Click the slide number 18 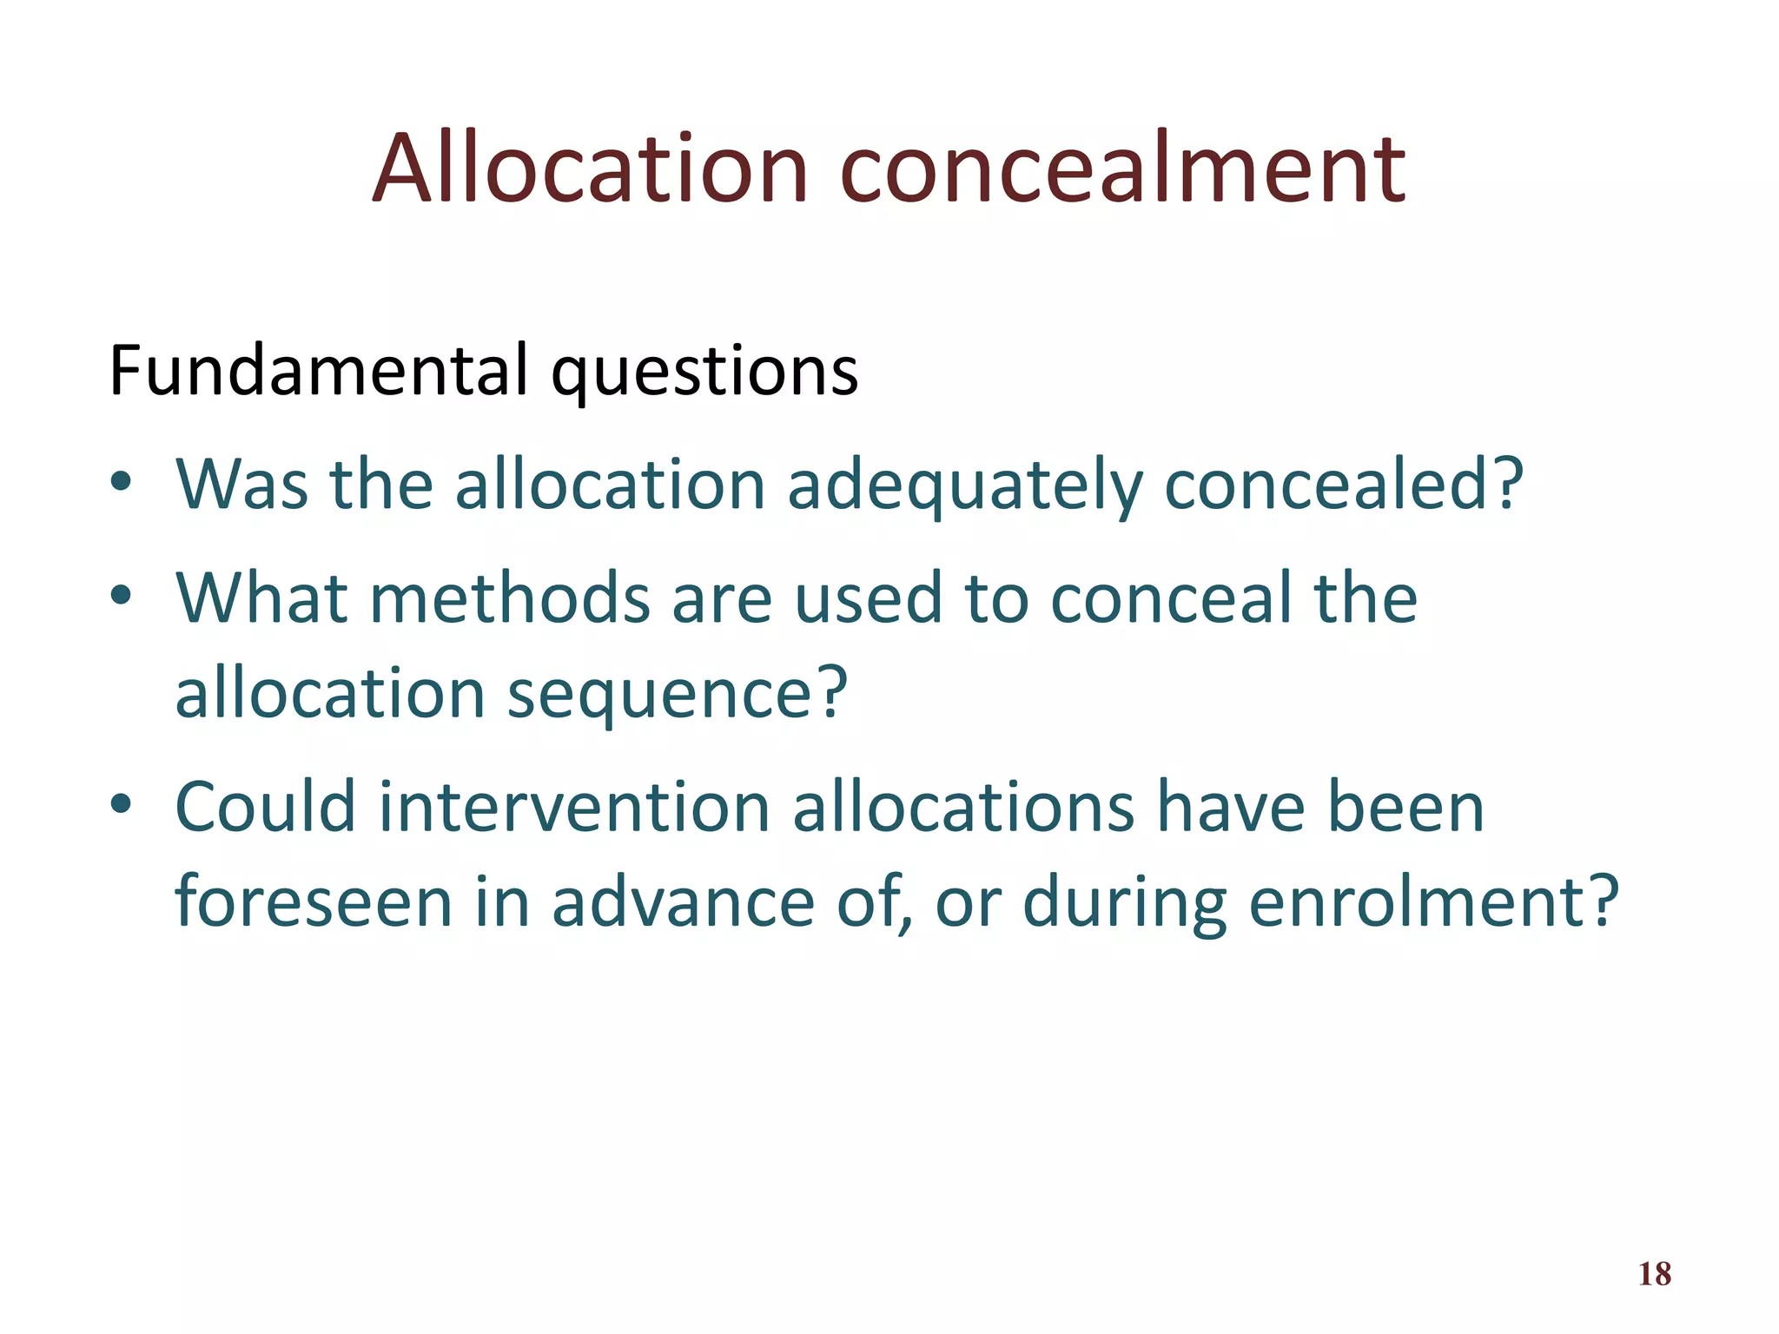[x=1654, y=1274]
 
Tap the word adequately [x=964, y=485]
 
